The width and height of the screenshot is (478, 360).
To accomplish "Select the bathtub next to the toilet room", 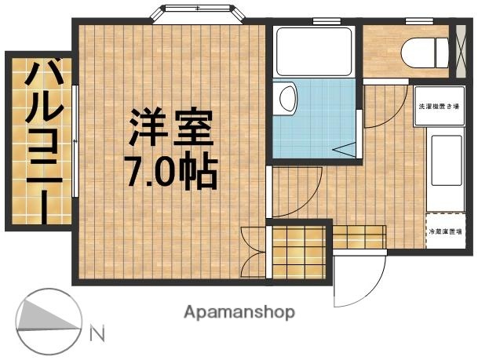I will [315, 52].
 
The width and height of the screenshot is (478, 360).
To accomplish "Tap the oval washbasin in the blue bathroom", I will [287, 99].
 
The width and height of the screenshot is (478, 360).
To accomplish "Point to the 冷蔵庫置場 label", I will [444, 232].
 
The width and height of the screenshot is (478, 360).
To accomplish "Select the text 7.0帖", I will [173, 171].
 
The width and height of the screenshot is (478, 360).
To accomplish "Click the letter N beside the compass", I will [98, 333].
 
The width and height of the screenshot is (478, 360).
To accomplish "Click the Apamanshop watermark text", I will [239, 311].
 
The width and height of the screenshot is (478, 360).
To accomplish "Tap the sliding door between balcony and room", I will [75, 141].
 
